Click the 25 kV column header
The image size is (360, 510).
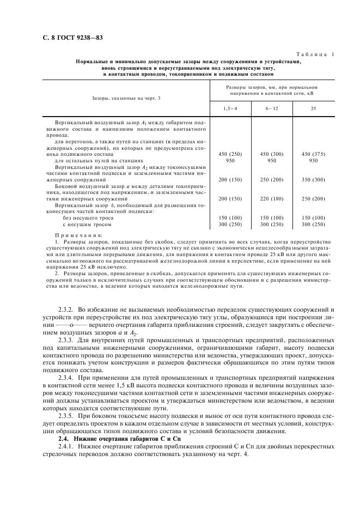click(313, 108)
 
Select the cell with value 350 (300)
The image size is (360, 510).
click(313, 179)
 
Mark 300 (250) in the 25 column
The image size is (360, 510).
click(313, 224)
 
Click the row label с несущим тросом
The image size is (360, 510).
click(87, 224)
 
